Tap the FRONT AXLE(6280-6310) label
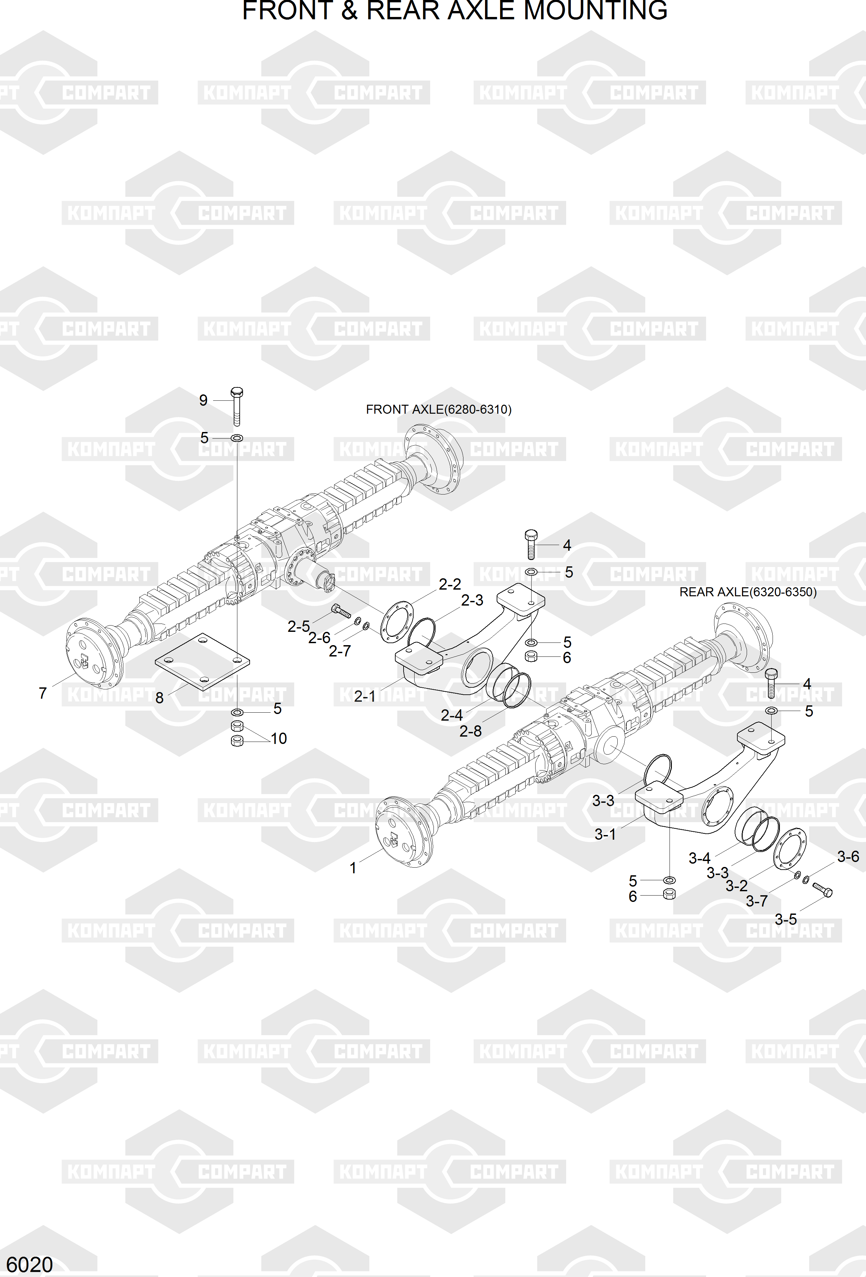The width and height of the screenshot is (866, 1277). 439,409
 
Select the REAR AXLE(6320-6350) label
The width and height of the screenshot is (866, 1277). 748,592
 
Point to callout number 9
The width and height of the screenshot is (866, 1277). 203,400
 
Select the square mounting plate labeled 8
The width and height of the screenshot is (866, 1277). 202,661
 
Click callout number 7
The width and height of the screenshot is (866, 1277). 43,693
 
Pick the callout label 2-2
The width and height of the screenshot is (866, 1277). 450,584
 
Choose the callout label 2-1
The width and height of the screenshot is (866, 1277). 365,696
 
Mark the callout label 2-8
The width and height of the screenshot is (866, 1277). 471,731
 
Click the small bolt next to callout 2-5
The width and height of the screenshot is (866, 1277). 341,611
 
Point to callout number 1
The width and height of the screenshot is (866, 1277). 353,868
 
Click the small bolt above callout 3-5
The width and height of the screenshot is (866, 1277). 822,889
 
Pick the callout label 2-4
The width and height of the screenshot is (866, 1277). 452,715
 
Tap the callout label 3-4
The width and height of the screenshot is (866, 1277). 699,858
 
